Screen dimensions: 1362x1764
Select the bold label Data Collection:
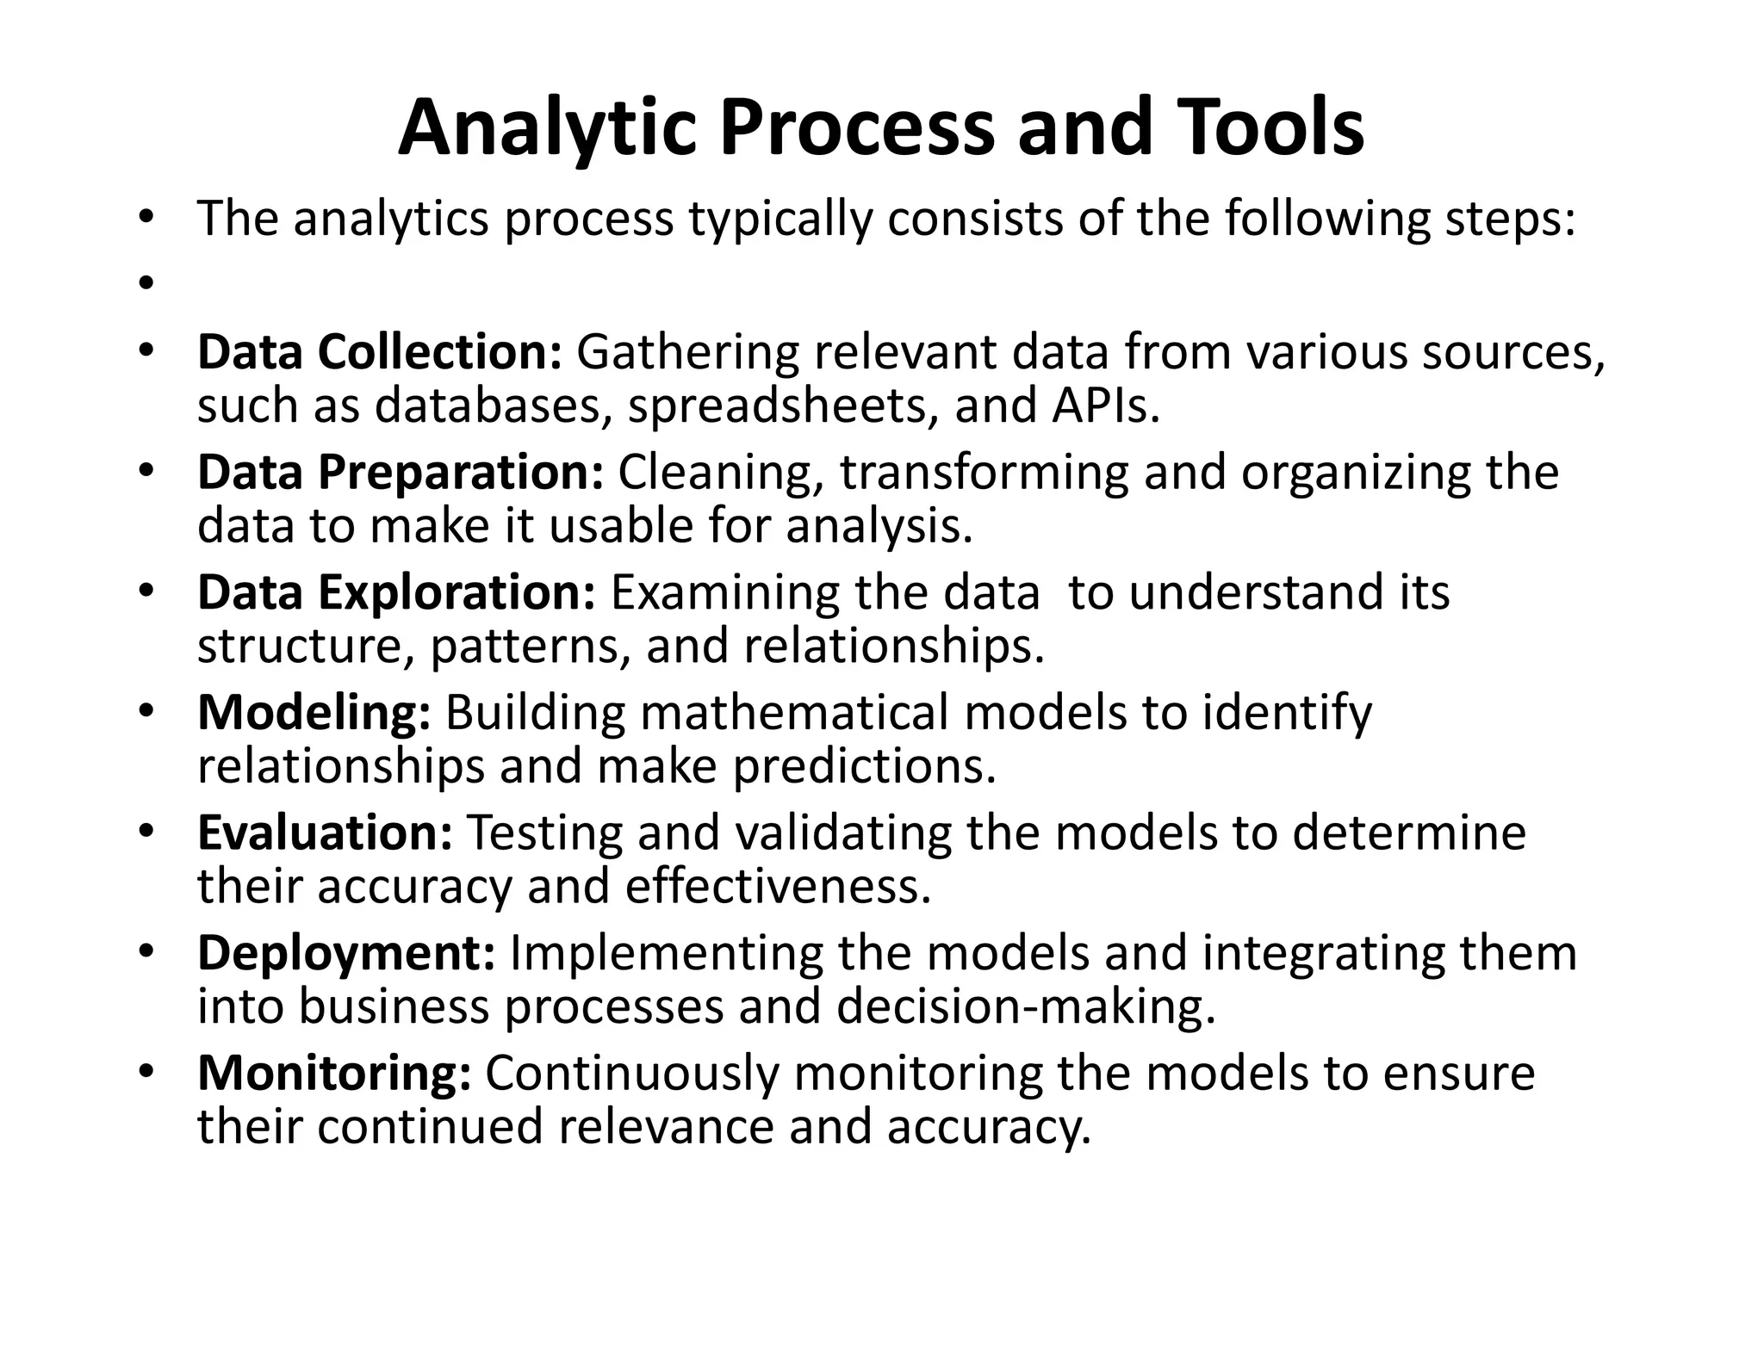tap(379, 352)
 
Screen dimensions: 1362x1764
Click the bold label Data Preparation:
tap(400, 472)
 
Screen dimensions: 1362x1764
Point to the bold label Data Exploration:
tap(395, 592)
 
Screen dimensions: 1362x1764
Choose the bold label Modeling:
tap(314, 713)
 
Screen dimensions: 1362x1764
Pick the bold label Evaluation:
tap(325, 833)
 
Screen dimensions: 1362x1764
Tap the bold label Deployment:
tap(345, 953)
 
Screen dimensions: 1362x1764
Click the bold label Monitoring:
tap(334, 1074)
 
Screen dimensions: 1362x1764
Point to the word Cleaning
tap(721, 472)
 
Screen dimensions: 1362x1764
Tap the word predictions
tap(865, 765)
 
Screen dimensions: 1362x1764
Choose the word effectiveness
tap(779, 886)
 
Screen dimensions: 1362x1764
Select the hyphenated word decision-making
tap(1026, 1006)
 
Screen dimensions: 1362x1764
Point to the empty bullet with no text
tap(145, 282)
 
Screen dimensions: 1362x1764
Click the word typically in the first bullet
tap(780, 219)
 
